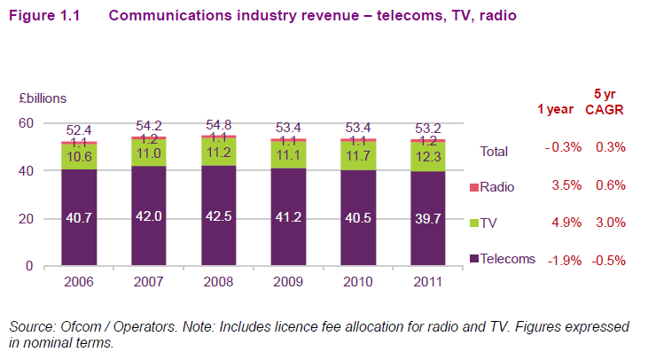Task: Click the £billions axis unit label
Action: pos(40,98)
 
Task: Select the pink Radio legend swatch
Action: pos(472,186)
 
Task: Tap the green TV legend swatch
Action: pos(472,223)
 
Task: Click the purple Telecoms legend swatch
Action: pos(472,259)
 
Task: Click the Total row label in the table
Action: pos(494,151)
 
